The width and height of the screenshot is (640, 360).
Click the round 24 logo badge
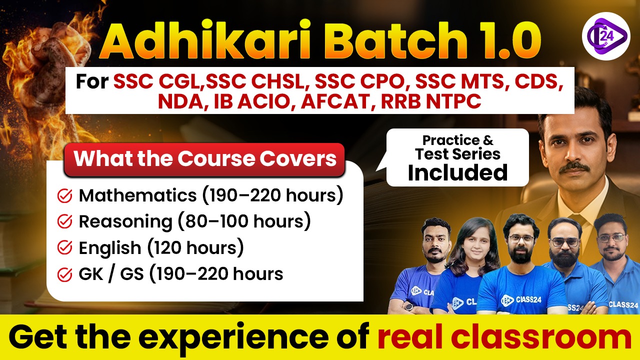[x=606, y=36]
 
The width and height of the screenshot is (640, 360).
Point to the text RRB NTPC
[x=431, y=101]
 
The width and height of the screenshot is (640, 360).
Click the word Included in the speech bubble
[x=457, y=172]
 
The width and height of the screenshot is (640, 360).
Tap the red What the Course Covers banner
[x=205, y=159]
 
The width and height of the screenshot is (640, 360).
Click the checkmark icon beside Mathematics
[x=65, y=195]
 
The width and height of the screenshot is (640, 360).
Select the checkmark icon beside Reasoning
[x=65, y=221]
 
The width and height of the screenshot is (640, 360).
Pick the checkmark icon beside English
[x=65, y=247]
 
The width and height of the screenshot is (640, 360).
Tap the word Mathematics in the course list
[x=137, y=195]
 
